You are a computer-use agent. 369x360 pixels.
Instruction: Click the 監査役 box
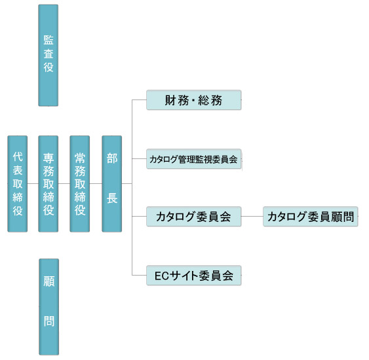click(49, 55)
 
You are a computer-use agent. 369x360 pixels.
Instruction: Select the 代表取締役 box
click(18, 184)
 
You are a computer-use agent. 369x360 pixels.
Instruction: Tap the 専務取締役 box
click(49, 184)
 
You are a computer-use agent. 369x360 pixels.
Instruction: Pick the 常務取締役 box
click(80, 184)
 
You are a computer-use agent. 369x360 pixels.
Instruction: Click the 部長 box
click(112, 184)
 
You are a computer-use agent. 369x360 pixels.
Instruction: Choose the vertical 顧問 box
click(49, 307)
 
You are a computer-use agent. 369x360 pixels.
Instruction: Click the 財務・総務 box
click(194, 100)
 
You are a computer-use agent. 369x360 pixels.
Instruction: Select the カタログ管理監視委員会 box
click(194, 159)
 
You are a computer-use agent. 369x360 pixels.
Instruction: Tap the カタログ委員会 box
click(194, 217)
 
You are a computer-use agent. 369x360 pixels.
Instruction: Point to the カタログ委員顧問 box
click(311, 217)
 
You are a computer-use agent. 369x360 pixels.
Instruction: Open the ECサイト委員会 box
click(194, 276)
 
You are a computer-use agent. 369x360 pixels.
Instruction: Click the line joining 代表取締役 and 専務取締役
click(33, 183)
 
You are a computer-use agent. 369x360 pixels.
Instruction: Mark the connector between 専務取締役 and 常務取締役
click(64, 183)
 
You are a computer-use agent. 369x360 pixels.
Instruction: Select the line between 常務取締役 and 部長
click(96, 183)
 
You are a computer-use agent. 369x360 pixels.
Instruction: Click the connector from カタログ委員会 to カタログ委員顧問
click(252, 216)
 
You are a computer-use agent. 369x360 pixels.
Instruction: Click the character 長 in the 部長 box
click(112, 198)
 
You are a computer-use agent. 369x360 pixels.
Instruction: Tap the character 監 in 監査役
click(49, 40)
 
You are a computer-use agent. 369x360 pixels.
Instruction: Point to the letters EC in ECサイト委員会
click(162, 276)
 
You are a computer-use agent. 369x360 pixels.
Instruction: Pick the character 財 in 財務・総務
click(170, 100)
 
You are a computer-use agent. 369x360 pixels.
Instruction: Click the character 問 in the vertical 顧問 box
click(49, 321)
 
